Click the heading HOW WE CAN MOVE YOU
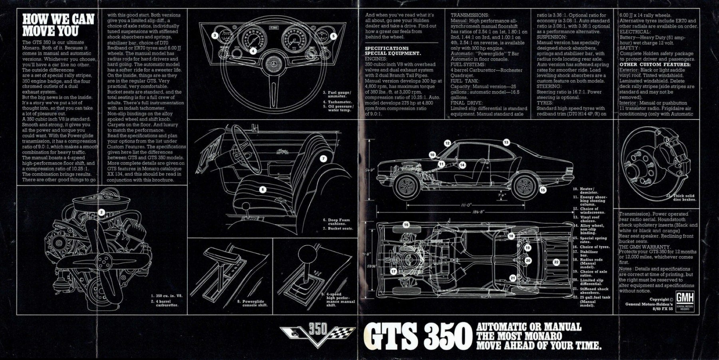(58, 25)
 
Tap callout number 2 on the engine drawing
(102, 213)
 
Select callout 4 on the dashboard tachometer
(253, 51)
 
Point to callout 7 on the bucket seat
(323, 159)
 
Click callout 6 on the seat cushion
(262, 189)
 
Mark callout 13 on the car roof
(506, 142)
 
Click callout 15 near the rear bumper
(542, 190)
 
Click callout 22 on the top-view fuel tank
(556, 262)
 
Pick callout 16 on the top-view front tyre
(406, 225)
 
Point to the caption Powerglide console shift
(255, 303)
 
